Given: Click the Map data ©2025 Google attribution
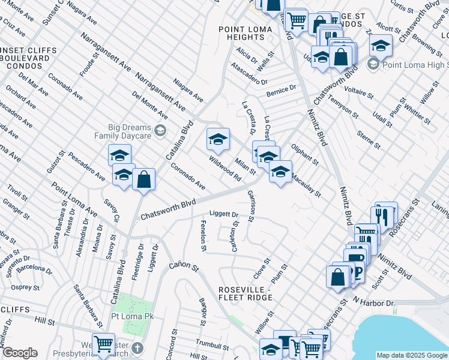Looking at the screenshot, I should tap(411, 355).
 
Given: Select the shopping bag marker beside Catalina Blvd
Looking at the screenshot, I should tap(144, 179).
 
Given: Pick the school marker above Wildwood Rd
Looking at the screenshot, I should tap(218, 140).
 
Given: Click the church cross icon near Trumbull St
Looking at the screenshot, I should tap(138, 347).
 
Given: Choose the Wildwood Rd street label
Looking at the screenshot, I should tap(225, 169).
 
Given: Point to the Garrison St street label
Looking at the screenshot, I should tap(251, 205).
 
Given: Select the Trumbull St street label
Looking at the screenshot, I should tap(212, 346).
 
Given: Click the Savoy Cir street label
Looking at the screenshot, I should tap(110, 210).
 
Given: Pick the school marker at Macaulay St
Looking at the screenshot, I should tap(280, 172).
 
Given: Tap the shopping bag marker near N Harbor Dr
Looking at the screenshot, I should tap(337, 277).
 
